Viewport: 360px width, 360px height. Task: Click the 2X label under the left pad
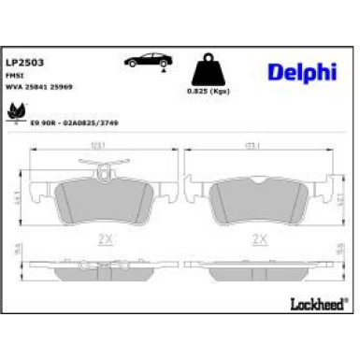pyautogui.click(x=105, y=238)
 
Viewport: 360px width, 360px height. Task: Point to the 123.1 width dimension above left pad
pyautogui.click(x=103, y=146)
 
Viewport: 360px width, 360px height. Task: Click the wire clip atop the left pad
pyautogui.click(x=103, y=168)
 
